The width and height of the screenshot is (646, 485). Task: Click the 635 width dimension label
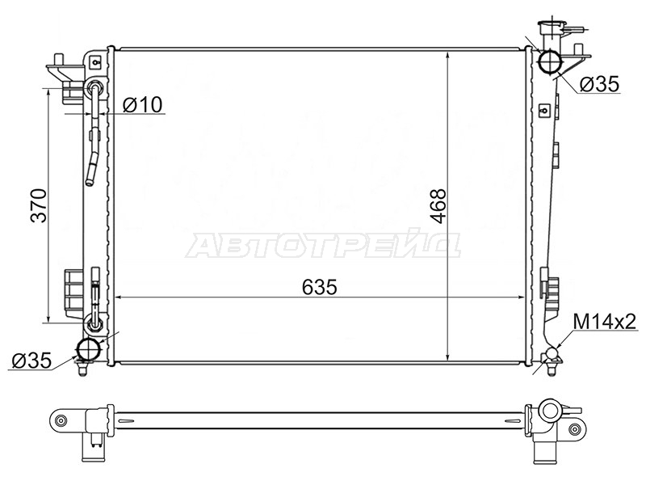pyautogui.click(x=319, y=287)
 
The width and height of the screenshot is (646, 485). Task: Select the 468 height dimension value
pyautogui.click(x=438, y=206)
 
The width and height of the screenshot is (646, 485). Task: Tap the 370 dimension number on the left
pyautogui.click(x=40, y=205)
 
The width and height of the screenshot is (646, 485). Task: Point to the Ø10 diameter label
pyautogui.click(x=143, y=104)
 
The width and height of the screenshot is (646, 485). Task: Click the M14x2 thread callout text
pyautogui.click(x=604, y=322)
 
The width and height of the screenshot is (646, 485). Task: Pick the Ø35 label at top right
pyautogui.click(x=599, y=84)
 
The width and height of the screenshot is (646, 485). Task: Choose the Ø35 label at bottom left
pyautogui.click(x=31, y=361)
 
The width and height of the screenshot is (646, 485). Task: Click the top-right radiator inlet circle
pyautogui.click(x=550, y=61)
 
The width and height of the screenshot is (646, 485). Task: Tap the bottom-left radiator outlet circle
pyautogui.click(x=90, y=350)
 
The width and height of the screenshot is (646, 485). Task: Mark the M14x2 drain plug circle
pyautogui.click(x=552, y=353)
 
